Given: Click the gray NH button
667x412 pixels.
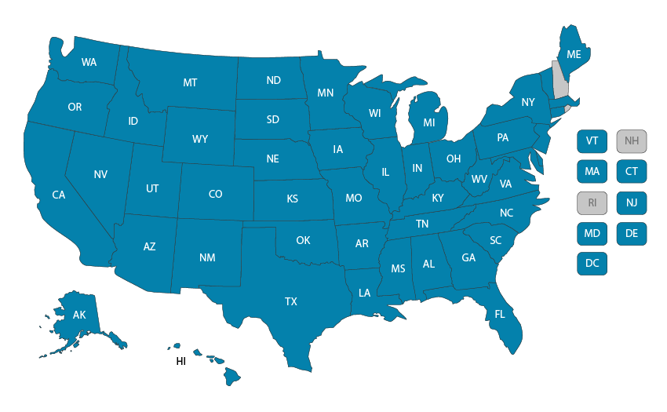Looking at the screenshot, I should point(632,141).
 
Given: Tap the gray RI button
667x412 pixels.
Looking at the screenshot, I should point(592,202).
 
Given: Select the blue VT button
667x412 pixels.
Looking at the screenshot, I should point(592,141).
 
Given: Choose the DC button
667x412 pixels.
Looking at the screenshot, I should point(592,264).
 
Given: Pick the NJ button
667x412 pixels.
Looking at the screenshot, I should point(632,202).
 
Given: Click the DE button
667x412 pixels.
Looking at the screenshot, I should point(632,233).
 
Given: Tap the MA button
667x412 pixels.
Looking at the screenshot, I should point(592,171).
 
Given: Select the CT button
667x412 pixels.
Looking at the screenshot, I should point(632,171).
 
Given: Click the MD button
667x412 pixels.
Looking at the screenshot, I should point(592,233).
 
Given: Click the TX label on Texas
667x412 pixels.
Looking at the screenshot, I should point(291,301).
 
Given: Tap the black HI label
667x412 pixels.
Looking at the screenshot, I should point(180,362).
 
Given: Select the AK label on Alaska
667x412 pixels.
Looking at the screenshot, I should point(79,315).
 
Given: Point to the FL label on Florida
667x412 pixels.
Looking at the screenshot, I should point(500,315).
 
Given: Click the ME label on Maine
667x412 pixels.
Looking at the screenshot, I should point(574,54).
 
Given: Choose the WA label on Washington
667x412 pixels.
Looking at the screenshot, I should point(89,62).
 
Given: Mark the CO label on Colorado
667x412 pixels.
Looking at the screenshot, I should point(215,194).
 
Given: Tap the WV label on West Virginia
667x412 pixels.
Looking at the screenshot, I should point(479,179).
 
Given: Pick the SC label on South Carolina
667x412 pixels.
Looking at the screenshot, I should point(496,240).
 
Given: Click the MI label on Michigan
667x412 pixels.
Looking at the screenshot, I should point(429,123).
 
